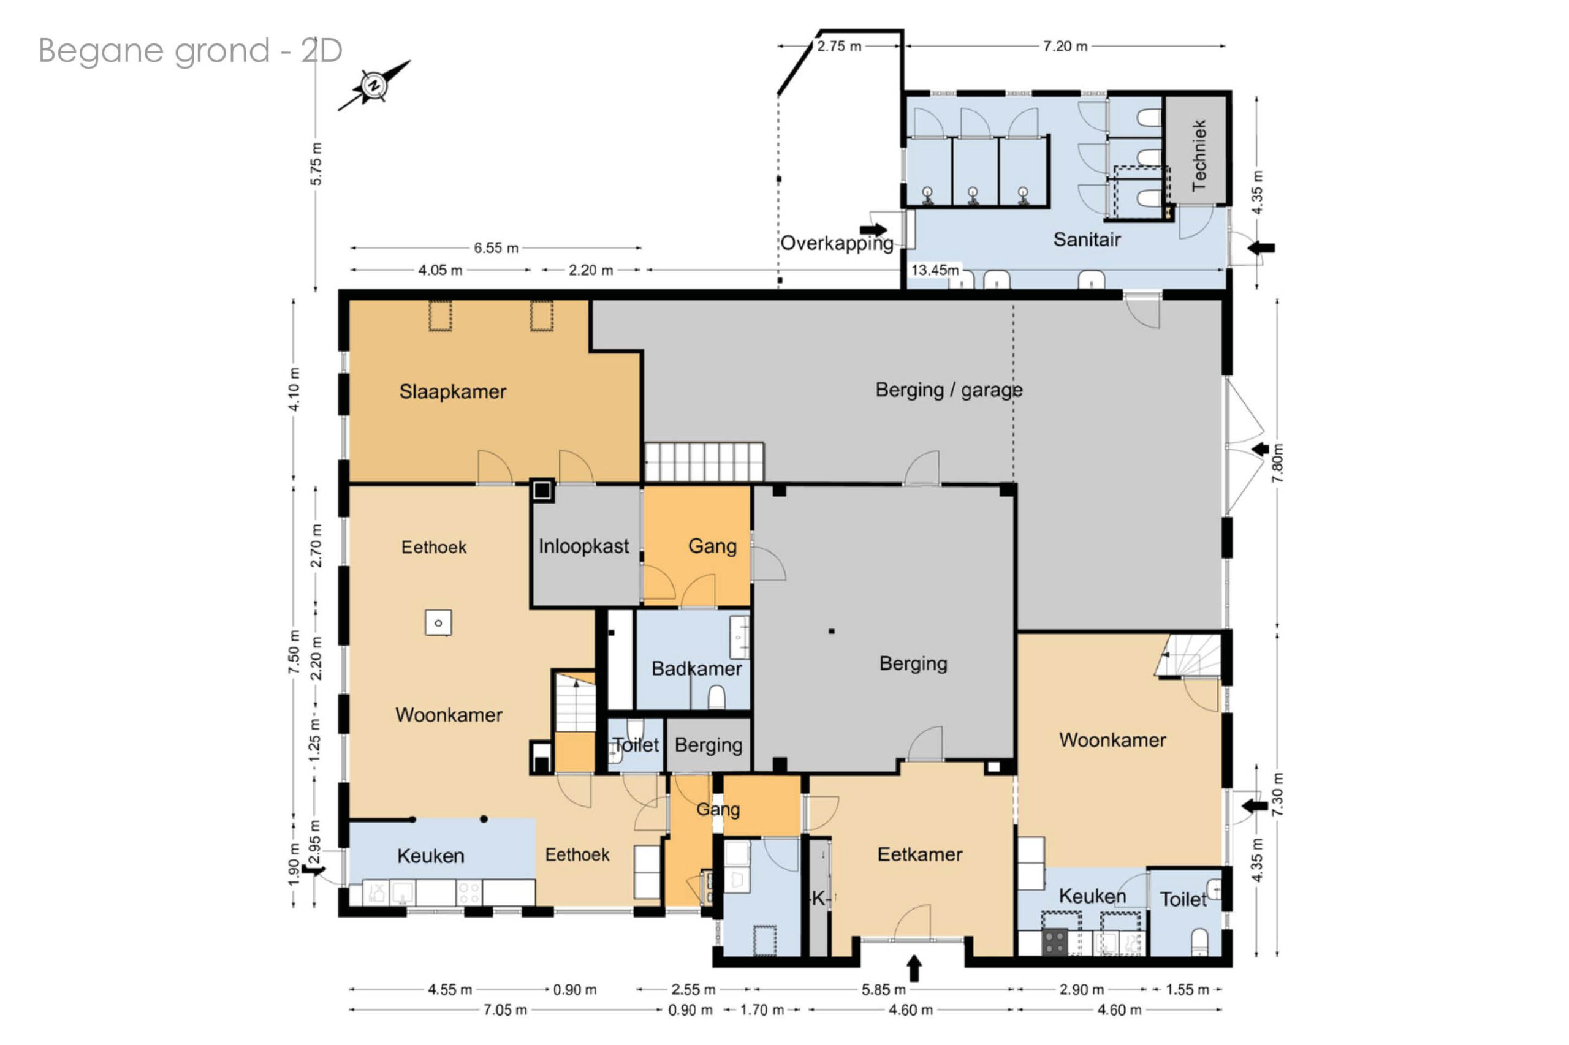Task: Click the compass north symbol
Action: point(374,85)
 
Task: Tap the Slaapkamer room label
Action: point(453,391)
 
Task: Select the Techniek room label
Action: point(1199,156)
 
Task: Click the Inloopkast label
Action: point(583,546)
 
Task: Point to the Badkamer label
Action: point(696,668)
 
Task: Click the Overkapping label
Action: point(837,243)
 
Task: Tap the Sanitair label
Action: point(1087,240)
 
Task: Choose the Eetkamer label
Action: point(919,854)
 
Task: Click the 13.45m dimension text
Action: point(935,270)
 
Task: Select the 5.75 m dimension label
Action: point(316,164)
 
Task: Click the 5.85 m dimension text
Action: point(884,989)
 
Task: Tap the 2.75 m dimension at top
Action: point(839,46)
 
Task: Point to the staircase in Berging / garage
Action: point(704,461)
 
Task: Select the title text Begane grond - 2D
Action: point(190,51)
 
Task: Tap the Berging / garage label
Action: point(949,390)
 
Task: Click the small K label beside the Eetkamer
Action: point(819,899)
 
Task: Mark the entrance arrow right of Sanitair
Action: point(1261,248)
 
